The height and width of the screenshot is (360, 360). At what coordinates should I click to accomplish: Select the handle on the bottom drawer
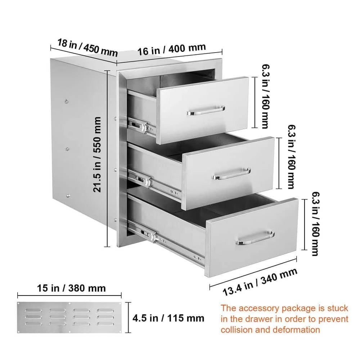coord(255,238)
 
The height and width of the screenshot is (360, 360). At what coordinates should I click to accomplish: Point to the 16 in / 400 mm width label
coord(172,49)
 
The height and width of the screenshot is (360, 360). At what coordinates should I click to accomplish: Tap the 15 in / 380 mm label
coord(72,288)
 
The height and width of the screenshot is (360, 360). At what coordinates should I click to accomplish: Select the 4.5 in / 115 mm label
coord(168,318)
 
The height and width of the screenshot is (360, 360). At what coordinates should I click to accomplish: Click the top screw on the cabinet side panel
coord(67,102)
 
